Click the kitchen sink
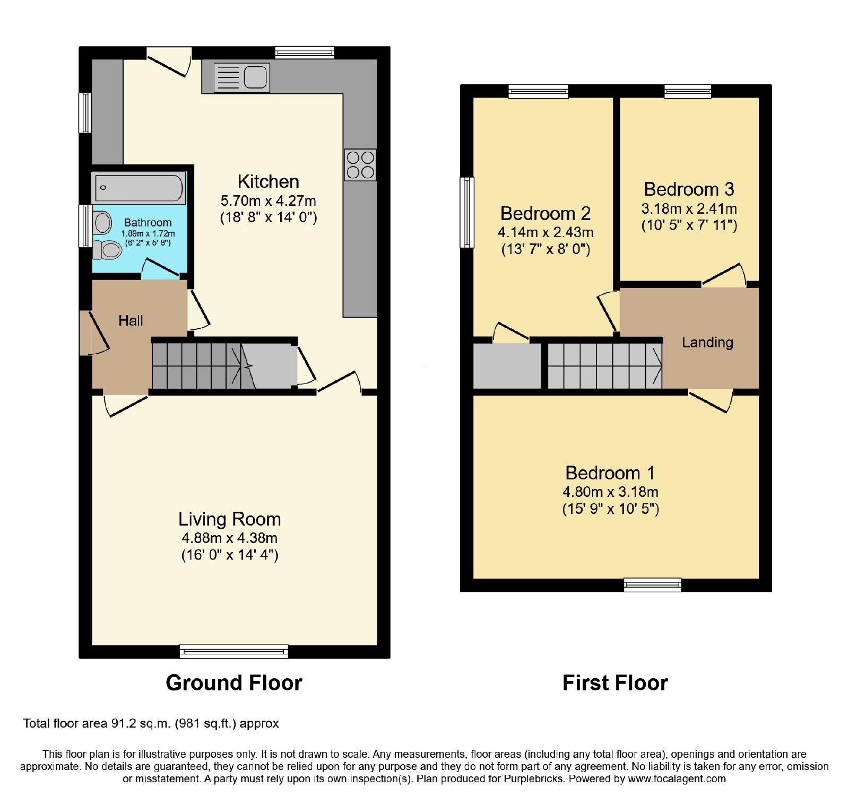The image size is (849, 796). pyautogui.click(x=241, y=77)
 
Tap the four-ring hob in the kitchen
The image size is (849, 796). pyautogui.click(x=360, y=165)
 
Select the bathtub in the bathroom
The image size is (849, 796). pyautogui.click(x=138, y=188)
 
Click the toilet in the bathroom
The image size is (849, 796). pyautogui.click(x=107, y=249)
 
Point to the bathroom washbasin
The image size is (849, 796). pyautogui.click(x=102, y=223)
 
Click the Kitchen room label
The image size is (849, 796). pyautogui.click(x=268, y=181)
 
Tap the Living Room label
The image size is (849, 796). pyautogui.click(x=229, y=519)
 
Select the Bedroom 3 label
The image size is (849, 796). pyautogui.click(x=689, y=189)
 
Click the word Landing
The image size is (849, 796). pyautogui.click(x=707, y=343)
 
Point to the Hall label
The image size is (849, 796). pyautogui.click(x=131, y=320)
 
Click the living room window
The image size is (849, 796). pyautogui.click(x=234, y=652)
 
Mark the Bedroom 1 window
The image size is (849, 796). pyautogui.click(x=653, y=585)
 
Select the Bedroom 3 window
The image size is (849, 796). pyautogui.click(x=688, y=91)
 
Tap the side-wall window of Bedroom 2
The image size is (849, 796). pyautogui.click(x=467, y=212)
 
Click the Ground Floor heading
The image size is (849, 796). pyautogui.click(x=234, y=683)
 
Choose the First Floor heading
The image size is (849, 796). pyautogui.click(x=615, y=683)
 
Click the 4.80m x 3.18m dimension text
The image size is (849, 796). pyautogui.click(x=611, y=492)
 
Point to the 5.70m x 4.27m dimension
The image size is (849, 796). pyautogui.click(x=268, y=201)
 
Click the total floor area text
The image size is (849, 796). pyautogui.click(x=151, y=723)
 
